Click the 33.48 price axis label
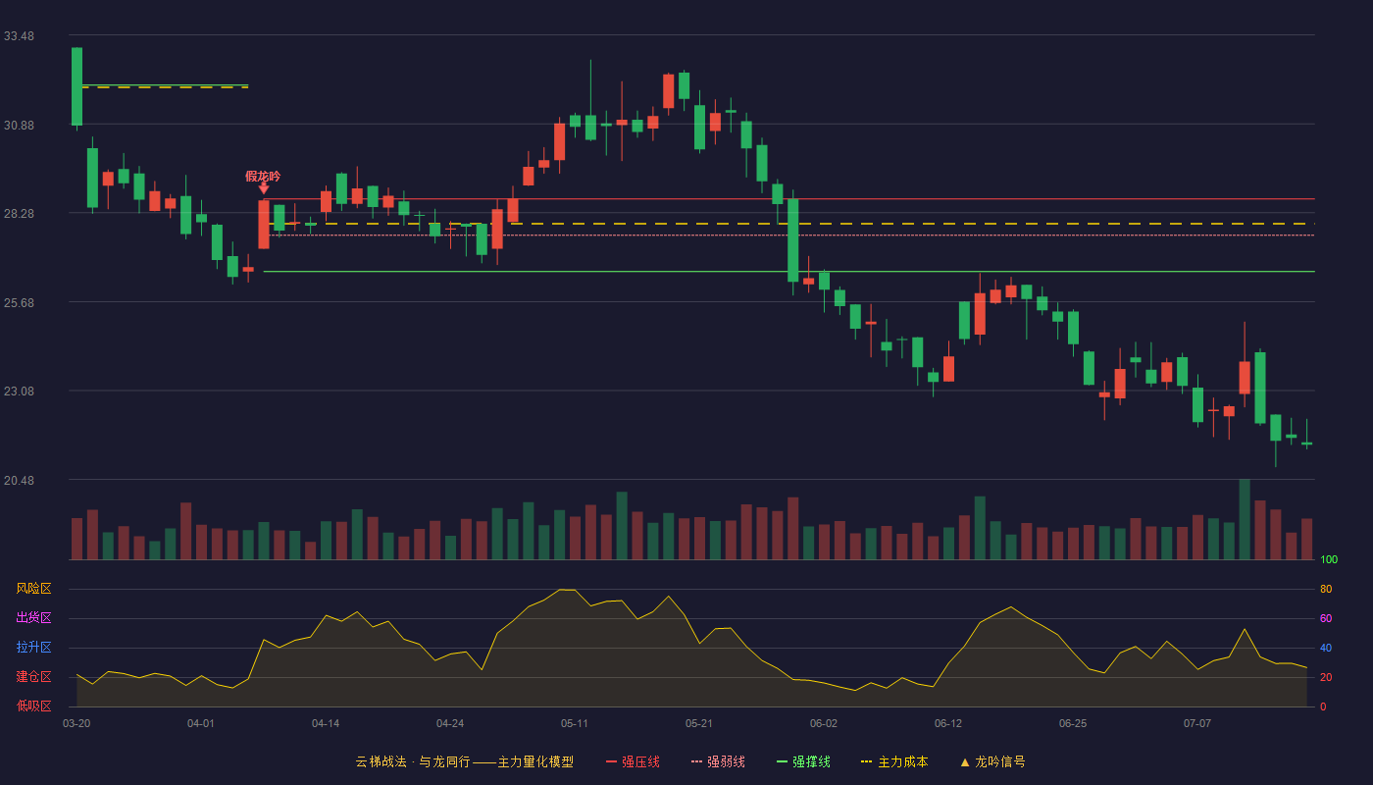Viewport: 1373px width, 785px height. coord(19,36)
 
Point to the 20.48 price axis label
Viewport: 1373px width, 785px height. coord(19,480)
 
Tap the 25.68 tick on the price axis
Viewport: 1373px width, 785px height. coord(19,303)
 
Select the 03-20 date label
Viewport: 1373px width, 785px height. coord(76,724)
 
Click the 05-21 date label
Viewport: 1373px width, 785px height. coord(698,724)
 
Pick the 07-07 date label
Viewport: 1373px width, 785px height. coord(1197,724)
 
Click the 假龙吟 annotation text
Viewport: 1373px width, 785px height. coord(263,177)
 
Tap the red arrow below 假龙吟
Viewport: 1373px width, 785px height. coord(264,188)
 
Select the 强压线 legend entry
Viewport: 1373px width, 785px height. coord(633,761)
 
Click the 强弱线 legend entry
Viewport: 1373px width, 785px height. coord(718,761)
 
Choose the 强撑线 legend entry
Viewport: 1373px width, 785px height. coord(803,761)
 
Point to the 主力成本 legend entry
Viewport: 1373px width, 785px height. coord(894,761)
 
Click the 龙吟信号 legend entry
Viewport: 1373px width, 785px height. coord(992,761)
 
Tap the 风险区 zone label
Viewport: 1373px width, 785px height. coord(33,589)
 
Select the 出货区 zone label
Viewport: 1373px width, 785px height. coord(33,617)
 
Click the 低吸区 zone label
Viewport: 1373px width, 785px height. coord(33,706)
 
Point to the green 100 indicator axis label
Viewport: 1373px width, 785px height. coord(1329,559)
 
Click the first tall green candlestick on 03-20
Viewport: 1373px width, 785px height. coord(76,86)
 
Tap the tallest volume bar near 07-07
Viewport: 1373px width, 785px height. coord(1245,519)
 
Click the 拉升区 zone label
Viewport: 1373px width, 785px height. coord(33,647)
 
